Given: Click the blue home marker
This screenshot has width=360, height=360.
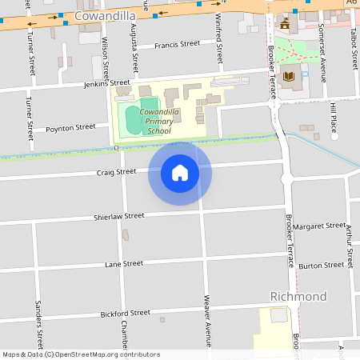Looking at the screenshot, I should pos(180,173).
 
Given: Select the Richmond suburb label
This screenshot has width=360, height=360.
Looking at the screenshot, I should pos(298,297).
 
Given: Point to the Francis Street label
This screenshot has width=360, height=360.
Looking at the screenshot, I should pos(177,45).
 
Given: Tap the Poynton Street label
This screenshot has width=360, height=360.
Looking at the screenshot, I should pos(70,127).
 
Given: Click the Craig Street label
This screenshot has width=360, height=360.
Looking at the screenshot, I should pos(117,171).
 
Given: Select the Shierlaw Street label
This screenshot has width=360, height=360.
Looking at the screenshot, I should pos(118,216).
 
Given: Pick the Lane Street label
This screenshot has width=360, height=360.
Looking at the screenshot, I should pos(123,263).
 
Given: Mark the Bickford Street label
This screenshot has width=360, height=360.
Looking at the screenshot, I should pos(126,313).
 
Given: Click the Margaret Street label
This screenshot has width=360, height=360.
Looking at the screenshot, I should pos(319,226).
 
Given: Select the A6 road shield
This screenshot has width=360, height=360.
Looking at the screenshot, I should pos(351,4).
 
